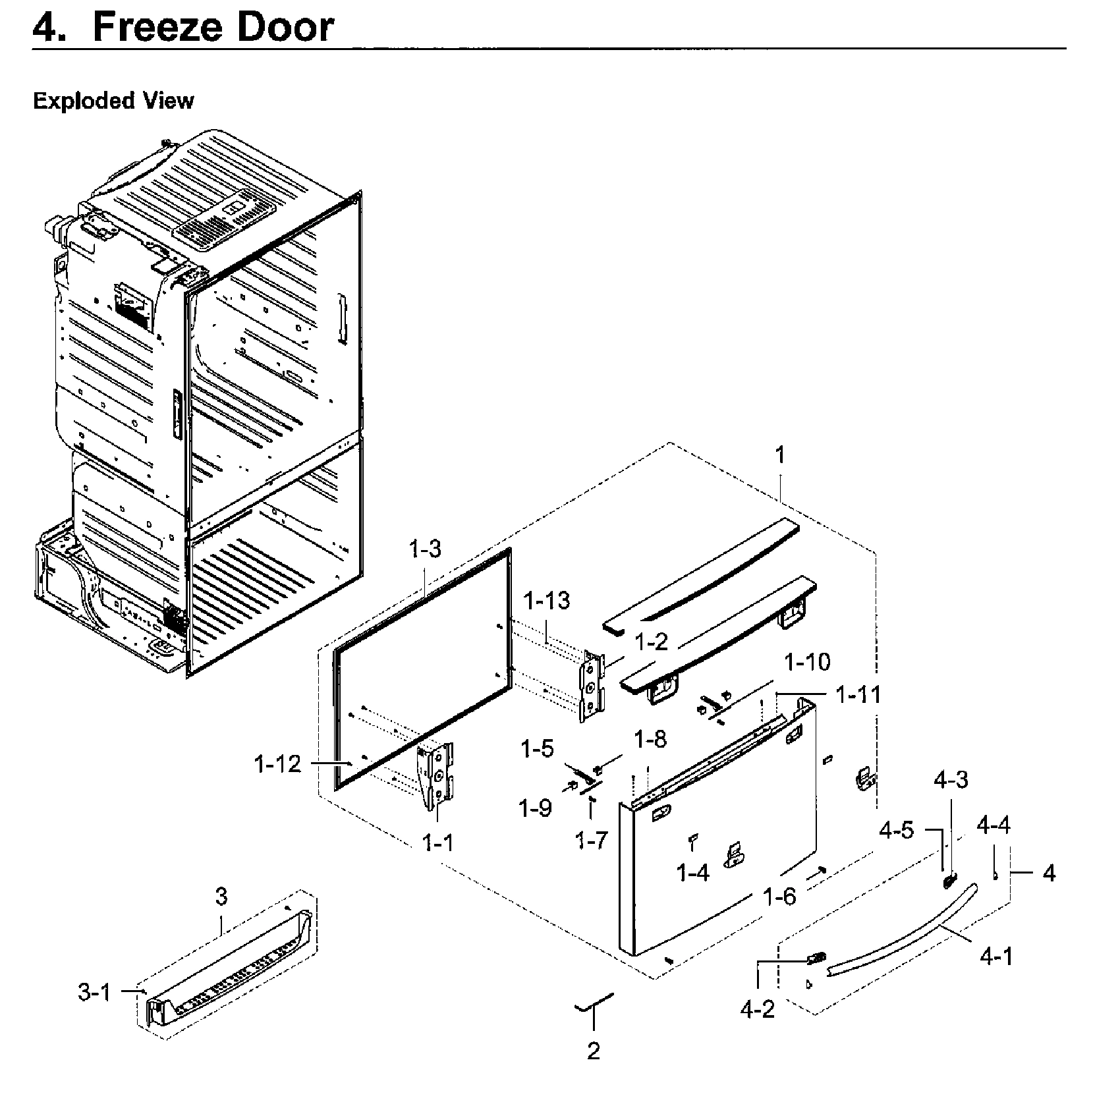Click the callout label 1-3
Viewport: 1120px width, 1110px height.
pyautogui.click(x=425, y=549)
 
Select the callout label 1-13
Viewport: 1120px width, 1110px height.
pyautogui.click(x=547, y=601)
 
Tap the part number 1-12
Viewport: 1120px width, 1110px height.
pyautogui.click(x=277, y=764)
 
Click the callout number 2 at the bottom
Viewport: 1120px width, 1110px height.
pyautogui.click(x=593, y=1051)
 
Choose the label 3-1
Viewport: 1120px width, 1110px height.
pyautogui.click(x=95, y=992)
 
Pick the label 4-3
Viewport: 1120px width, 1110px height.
pyautogui.click(x=951, y=780)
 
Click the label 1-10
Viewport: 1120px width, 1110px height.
pyautogui.click(x=808, y=661)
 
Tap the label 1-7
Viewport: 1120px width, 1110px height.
pyautogui.click(x=591, y=840)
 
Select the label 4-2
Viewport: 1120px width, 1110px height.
pyautogui.click(x=758, y=1009)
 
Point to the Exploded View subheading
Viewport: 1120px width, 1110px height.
pyautogui.click(x=113, y=101)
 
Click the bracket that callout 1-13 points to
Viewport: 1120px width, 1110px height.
pyautogui.click(x=592, y=685)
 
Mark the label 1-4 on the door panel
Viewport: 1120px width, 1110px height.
pyautogui.click(x=693, y=873)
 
